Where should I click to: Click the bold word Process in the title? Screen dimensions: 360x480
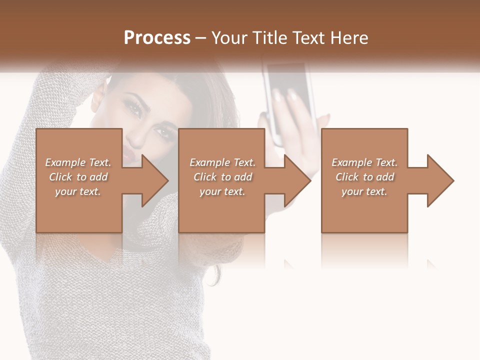point(157,37)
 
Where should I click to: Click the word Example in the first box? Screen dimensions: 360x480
point(65,162)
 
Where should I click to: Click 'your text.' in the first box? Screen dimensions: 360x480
point(78,191)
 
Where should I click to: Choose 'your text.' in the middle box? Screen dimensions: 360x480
point(222,191)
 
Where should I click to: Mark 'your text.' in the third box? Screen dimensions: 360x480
point(364,191)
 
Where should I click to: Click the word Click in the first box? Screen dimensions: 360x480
point(60,177)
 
